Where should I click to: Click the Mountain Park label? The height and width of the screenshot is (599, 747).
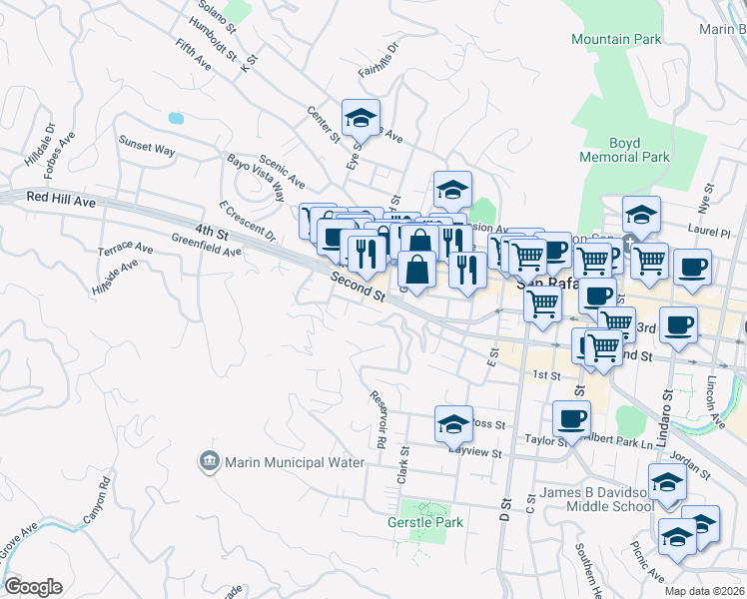click(x=615, y=40)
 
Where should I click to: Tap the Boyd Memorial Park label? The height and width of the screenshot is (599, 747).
click(x=624, y=151)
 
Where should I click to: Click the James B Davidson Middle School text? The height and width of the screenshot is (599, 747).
click(x=597, y=499)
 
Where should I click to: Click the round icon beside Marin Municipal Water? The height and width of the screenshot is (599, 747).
click(x=209, y=461)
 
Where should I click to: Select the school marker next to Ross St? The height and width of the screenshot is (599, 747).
click(x=453, y=423)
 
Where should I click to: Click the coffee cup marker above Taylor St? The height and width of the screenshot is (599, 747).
click(x=571, y=418)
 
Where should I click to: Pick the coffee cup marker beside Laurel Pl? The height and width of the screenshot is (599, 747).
click(x=692, y=268)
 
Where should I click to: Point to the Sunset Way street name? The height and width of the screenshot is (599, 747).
click(x=147, y=147)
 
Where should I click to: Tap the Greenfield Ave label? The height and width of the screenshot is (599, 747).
click(x=207, y=246)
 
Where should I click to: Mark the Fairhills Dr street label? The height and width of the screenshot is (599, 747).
click(x=378, y=60)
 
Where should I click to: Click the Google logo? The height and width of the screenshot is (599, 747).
click(x=33, y=587)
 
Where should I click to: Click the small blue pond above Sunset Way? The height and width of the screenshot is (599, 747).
click(x=176, y=118)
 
